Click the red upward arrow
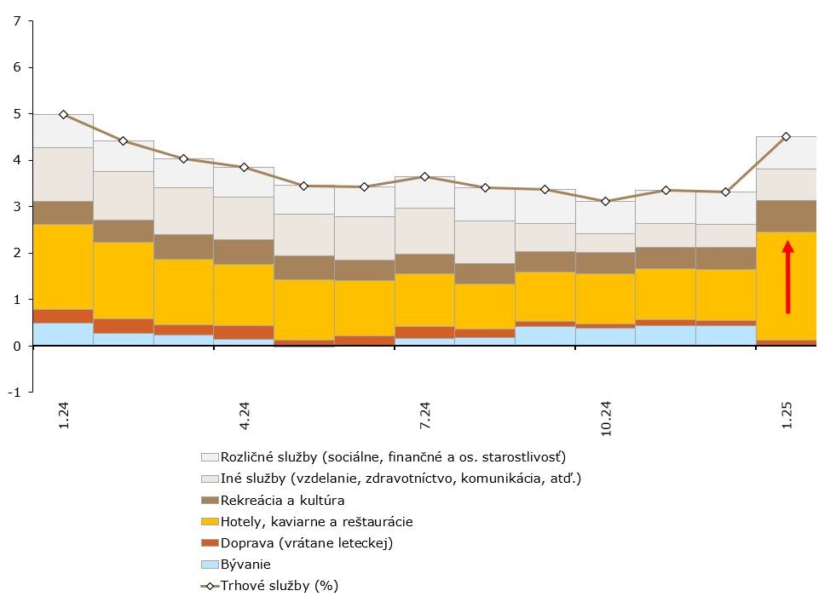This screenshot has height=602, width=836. (x=788, y=277)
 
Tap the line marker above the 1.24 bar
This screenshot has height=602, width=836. (x=63, y=115)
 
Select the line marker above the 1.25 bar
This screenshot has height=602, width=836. (x=786, y=137)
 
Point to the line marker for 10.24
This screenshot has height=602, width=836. (x=605, y=202)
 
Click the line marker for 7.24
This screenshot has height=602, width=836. (x=424, y=176)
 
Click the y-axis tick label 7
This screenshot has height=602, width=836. (x=17, y=21)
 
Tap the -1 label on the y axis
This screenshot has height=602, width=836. (x=14, y=392)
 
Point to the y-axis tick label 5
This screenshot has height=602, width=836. (x=17, y=114)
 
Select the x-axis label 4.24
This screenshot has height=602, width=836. (x=245, y=416)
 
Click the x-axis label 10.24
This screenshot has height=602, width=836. (x=606, y=419)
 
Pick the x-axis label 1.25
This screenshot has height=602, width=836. (x=787, y=416)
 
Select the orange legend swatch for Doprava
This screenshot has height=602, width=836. (x=210, y=543)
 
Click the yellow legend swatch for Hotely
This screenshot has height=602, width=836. (x=210, y=522)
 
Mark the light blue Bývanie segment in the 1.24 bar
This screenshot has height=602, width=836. (x=63, y=335)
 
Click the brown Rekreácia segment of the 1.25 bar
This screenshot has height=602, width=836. (x=786, y=216)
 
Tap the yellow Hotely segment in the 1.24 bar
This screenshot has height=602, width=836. (x=63, y=267)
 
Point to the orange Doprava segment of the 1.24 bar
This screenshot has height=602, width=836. (x=63, y=317)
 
